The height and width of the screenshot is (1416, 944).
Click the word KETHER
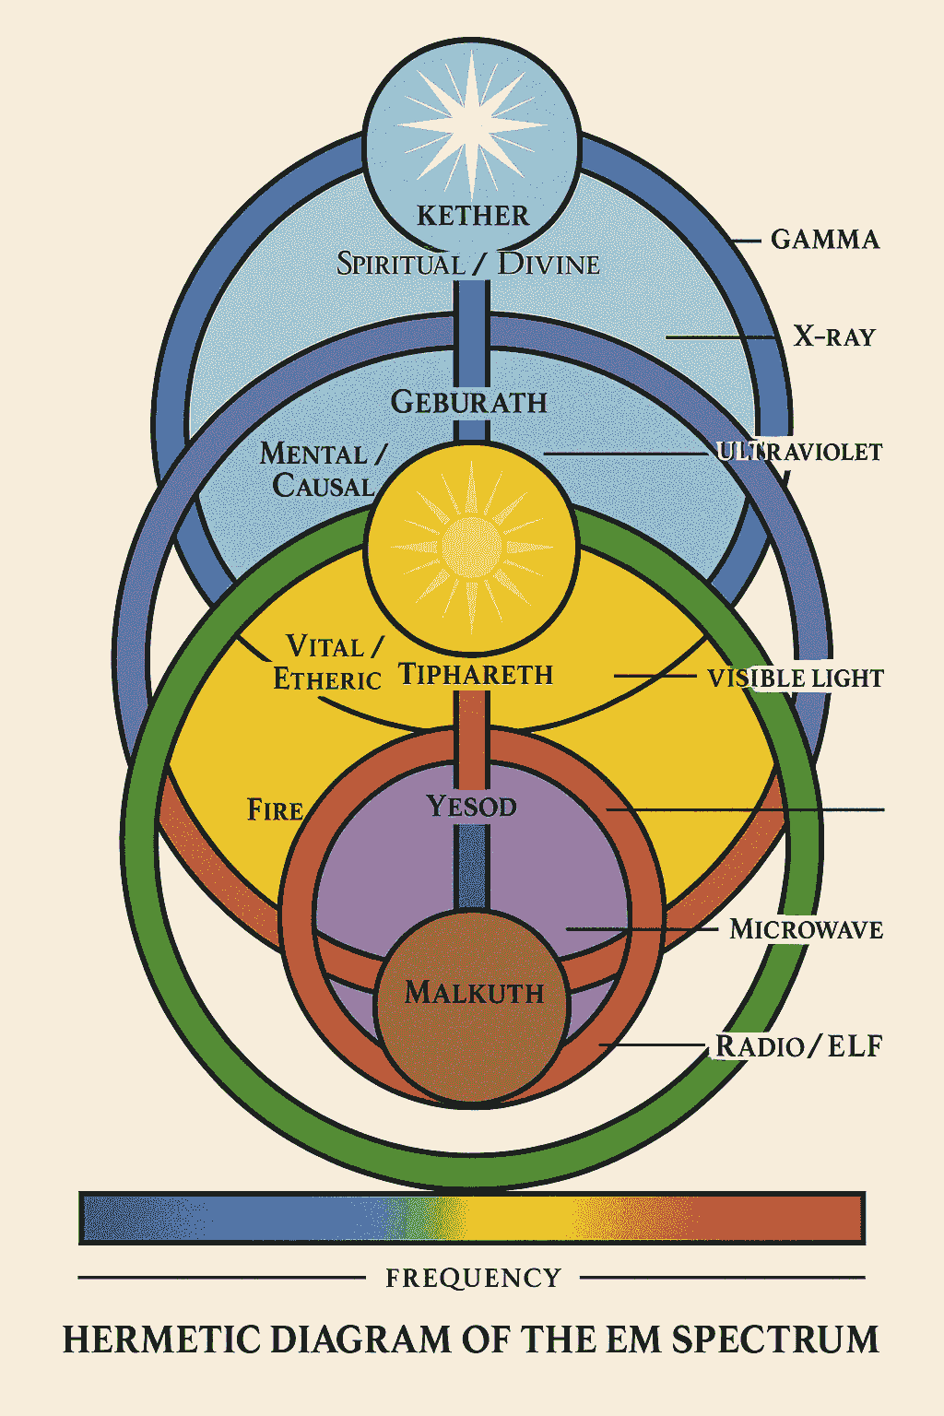click(473, 216)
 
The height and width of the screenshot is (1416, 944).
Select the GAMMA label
click(825, 240)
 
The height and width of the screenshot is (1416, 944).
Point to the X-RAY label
click(834, 336)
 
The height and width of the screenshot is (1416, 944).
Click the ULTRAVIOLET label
click(799, 452)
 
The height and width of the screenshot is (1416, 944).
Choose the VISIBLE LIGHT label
click(795, 678)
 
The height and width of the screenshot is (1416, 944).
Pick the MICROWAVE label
click(806, 929)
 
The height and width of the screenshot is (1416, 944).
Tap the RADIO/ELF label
click(799, 1046)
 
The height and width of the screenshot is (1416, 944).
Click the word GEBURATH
click(469, 403)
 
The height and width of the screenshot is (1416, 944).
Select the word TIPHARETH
click(476, 675)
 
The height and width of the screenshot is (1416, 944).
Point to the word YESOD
click(471, 807)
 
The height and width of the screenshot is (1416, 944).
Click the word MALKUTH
click(475, 993)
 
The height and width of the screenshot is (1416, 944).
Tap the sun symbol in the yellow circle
click(472, 547)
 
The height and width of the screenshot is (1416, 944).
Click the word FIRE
click(275, 810)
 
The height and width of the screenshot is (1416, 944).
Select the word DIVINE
click(549, 265)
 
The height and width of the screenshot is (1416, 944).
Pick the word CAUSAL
click(323, 486)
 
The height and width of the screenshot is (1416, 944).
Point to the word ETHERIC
click(327, 679)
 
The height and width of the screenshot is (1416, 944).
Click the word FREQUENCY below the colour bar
click(473, 1279)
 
